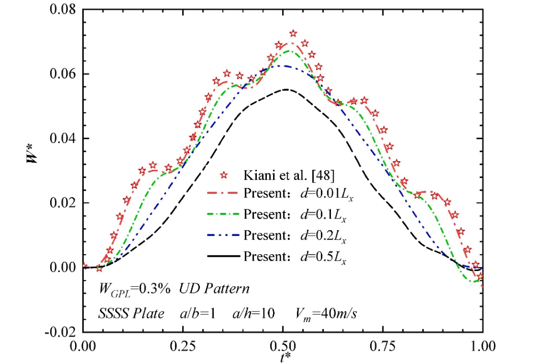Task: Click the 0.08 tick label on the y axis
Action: (59, 10)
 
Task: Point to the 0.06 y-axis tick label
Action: (59, 74)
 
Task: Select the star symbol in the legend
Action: (222, 176)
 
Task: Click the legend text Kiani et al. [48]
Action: (281, 176)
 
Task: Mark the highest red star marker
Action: (293, 34)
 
